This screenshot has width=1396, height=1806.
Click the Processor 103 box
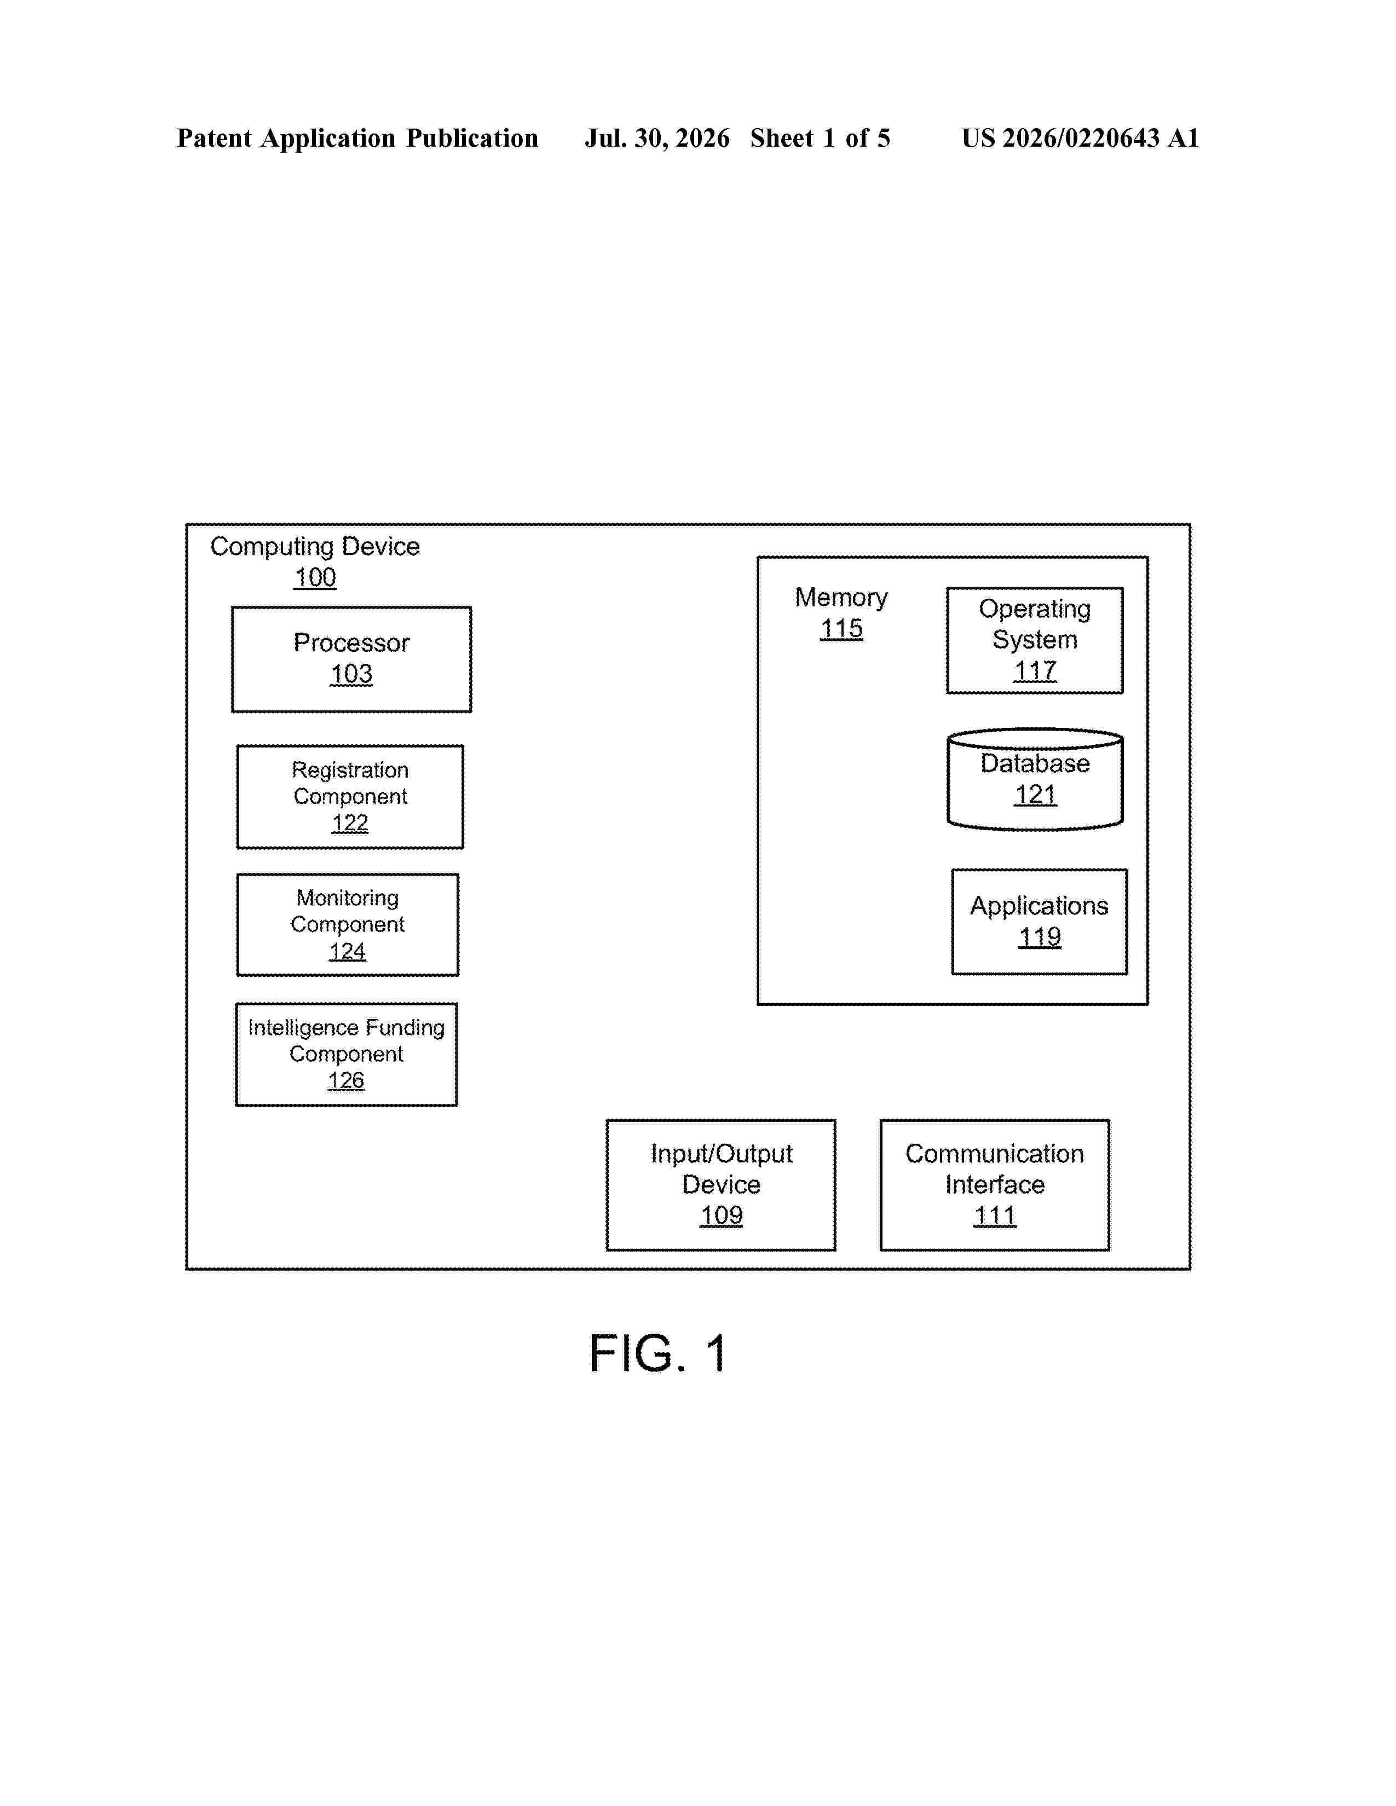click(x=351, y=659)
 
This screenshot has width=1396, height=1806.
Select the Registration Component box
click(x=350, y=796)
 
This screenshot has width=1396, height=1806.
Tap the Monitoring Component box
click(x=347, y=924)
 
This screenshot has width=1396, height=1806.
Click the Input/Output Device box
click(x=720, y=1184)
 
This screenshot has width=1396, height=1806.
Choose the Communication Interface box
click(x=994, y=1184)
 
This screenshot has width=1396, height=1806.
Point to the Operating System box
click(x=1035, y=640)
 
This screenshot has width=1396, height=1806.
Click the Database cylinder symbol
click(x=1035, y=779)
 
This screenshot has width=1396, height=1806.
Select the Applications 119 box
click(x=1039, y=921)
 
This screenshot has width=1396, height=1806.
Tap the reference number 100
click(x=315, y=577)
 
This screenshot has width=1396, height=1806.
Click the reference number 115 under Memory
click(x=841, y=628)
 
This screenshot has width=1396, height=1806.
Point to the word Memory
click(x=841, y=598)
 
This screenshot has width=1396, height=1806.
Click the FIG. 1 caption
click(x=657, y=1353)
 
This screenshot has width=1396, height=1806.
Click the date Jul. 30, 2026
click(x=657, y=138)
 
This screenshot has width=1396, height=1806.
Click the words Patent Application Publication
click(x=357, y=138)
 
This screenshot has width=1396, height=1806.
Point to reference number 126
click(x=345, y=1081)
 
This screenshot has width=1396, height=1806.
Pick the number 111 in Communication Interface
click(x=994, y=1215)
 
